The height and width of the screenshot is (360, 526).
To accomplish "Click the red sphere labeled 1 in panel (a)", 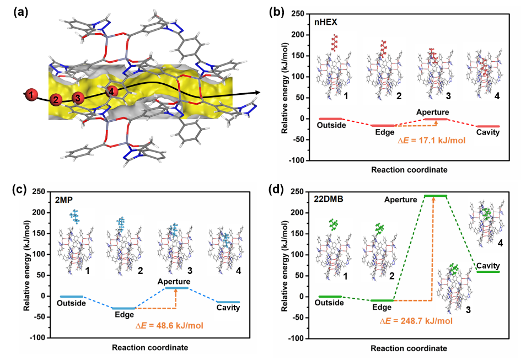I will click(32, 95).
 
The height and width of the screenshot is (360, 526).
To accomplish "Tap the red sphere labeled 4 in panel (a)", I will click(112, 92).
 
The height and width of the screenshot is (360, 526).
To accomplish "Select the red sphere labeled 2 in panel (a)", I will click(55, 100).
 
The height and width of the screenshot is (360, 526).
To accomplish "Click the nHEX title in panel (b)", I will click(322, 23).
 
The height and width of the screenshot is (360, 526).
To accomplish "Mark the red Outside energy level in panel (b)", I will click(331, 119).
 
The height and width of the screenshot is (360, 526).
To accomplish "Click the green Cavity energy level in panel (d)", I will click(488, 272).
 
